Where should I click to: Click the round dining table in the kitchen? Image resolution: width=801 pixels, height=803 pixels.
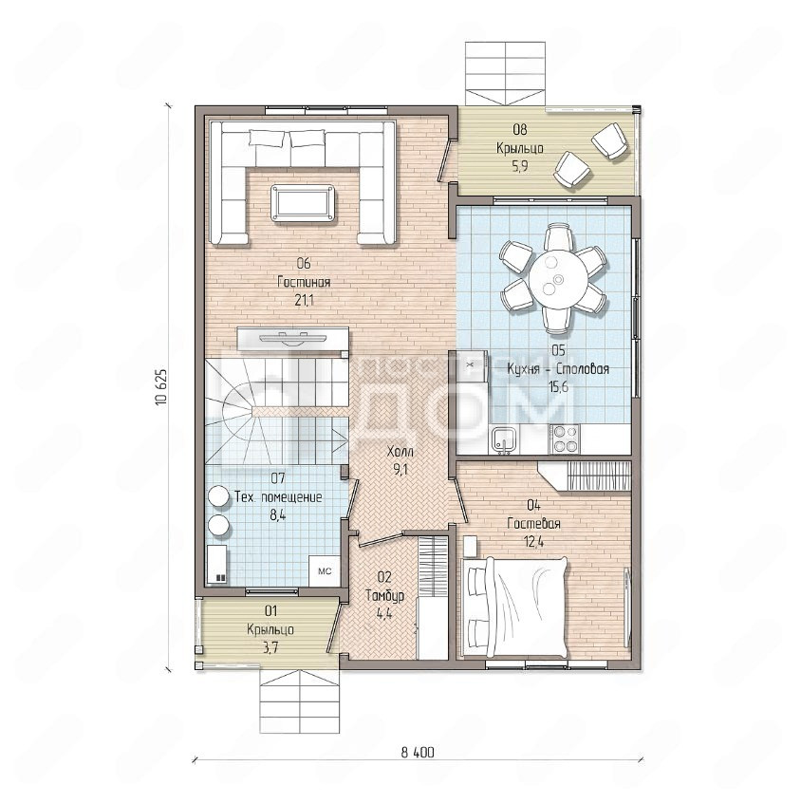558,279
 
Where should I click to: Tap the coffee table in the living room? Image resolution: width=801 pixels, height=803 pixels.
303,203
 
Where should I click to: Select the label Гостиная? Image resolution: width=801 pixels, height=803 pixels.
304,282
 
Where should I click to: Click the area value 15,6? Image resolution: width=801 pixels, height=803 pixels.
558,386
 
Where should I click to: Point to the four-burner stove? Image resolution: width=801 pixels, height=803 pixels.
565,439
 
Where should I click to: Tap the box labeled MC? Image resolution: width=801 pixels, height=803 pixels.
325,571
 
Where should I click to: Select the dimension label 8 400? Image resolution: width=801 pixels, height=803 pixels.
417,753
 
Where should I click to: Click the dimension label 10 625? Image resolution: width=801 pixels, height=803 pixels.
161,387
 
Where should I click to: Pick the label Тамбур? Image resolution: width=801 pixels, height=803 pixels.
384,595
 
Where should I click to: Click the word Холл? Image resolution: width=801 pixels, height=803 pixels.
400,452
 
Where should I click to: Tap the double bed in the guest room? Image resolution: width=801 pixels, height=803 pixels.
514,607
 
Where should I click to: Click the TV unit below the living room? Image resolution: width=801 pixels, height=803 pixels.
293,340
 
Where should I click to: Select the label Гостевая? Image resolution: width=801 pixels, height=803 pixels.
533,523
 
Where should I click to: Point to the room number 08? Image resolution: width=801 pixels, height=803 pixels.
519,130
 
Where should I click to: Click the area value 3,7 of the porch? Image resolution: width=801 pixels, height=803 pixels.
270,648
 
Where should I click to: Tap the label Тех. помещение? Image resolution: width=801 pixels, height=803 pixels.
278,496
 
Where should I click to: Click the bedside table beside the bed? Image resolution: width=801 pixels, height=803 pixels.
470,546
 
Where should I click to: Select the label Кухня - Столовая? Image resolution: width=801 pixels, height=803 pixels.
558,368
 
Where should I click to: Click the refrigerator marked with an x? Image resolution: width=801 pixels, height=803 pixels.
470,365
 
